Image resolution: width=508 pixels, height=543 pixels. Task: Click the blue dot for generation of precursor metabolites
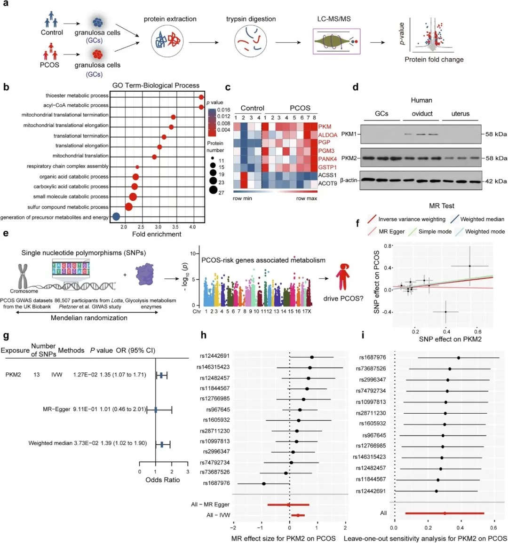pyautogui.click(x=116, y=217)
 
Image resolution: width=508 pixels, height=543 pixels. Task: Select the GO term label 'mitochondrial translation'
pyautogui.click(x=80, y=156)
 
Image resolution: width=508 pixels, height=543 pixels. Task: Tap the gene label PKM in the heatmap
pyautogui.click(x=325, y=127)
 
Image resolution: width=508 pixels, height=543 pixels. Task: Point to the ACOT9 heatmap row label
pyautogui.click(x=327, y=183)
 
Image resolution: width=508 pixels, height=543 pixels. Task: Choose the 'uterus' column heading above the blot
pyautogui.click(x=460, y=114)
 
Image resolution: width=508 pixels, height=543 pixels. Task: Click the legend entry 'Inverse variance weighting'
pyautogui.click(x=412, y=219)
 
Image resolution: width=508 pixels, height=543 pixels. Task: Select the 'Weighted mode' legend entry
pyautogui.click(x=485, y=231)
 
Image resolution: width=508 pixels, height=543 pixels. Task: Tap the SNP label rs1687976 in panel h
pyautogui.click(x=216, y=483)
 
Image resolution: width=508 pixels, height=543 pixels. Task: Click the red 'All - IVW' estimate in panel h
pyautogui.click(x=298, y=515)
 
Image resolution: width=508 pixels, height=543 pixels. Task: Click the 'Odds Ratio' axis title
pyautogui.click(x=162, y=480)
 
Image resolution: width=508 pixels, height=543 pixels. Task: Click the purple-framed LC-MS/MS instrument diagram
pyautogui.click(x=336, y=41)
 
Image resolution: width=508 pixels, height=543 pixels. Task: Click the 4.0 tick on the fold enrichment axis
pyautogui.click(x=192, y=227)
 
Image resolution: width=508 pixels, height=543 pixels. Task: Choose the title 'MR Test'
pyautogui.click(x=442, y=206)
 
